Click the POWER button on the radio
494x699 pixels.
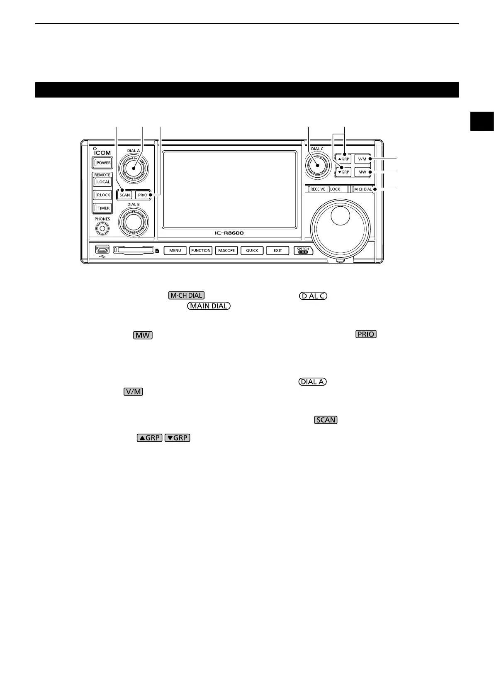(103, 163)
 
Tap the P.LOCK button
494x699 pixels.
(103, 195)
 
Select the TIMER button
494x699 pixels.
(103, 208)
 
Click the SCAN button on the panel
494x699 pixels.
(124, 195)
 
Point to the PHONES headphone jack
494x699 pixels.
(102, 228)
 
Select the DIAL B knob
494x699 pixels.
(134, 222)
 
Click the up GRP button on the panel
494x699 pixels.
(344, 159)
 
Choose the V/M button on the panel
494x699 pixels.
(363, 159)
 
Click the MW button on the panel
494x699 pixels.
(363, 171)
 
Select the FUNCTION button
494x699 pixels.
(201, 250)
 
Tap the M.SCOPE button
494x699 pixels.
(226, 250)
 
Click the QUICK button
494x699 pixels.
(252, 250)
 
